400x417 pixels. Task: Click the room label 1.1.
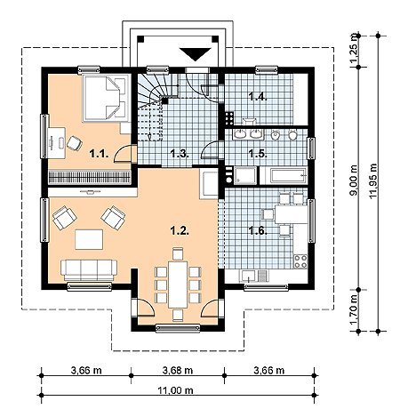tap(99, 154)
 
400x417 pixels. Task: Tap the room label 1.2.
tap(180, 230)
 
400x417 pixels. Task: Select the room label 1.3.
tap(180, 154)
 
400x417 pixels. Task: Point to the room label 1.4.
tap(258, 96)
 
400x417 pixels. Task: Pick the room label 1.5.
tap(258, 154)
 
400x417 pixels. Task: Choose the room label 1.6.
tap(258, 230)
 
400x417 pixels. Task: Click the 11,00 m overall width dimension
tap(175, 390)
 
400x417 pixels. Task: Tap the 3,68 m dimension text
tap(178, 370)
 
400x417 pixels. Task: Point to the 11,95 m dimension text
tap(373, 181)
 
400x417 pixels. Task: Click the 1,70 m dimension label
tap(354, 310)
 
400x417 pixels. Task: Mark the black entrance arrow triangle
tap(196, 54)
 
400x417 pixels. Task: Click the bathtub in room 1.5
tap(283, 176)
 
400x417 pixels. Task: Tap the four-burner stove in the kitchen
tap(300, 261)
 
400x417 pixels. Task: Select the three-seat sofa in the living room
tap(89, 269)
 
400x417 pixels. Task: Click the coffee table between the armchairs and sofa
tap(89, 239)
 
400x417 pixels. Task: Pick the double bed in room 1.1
tap(106, 98)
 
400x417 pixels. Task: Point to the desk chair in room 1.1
tap(74, 143)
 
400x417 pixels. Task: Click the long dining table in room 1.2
tap(178, 285)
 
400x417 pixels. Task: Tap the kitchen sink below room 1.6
tap(248, 276)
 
